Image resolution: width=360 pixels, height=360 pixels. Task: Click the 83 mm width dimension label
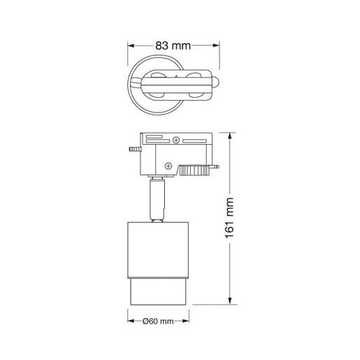click(173, 45)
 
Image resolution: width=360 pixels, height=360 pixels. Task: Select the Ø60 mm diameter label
click(157, 322)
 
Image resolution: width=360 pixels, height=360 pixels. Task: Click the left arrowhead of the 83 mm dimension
click(130, 45)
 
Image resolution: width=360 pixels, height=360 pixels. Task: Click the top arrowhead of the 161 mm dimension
click(231, 135)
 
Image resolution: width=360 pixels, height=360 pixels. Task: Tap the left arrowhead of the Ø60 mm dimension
click(131, 322)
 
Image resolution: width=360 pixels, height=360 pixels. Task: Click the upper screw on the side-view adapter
click(175, 142)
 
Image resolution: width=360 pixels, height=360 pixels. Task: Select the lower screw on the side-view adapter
click(168, 165)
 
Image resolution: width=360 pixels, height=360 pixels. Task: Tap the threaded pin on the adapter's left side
click(133, 148)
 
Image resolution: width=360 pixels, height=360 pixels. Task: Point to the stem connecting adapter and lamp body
click(158, 199)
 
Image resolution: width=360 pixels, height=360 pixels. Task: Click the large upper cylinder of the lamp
click(159, 249)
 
